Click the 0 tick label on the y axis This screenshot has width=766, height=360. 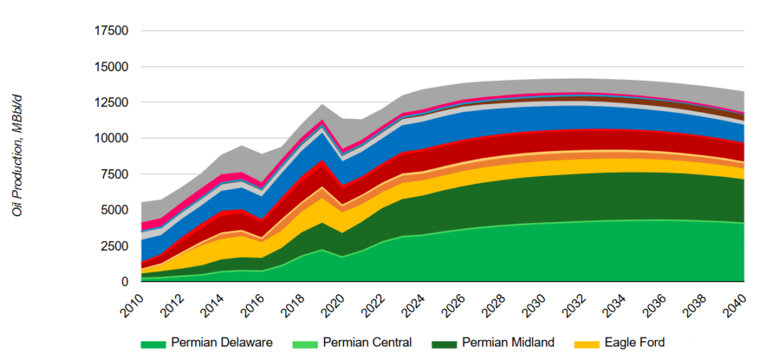tap(125, 282)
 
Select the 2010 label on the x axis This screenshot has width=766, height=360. tap(132, 303)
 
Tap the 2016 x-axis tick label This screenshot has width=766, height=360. tap(253, 303)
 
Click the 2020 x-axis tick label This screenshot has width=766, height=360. tap(333, 303)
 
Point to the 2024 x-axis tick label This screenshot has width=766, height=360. tap(414, 303)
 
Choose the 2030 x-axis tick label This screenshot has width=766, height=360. tap(534, 303)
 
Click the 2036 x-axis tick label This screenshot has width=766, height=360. tap(655, 303)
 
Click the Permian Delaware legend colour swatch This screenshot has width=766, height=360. tap(153, 344)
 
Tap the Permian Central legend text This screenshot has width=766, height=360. tap(367, 343)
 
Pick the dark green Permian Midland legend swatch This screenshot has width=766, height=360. tap(444, 344)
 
